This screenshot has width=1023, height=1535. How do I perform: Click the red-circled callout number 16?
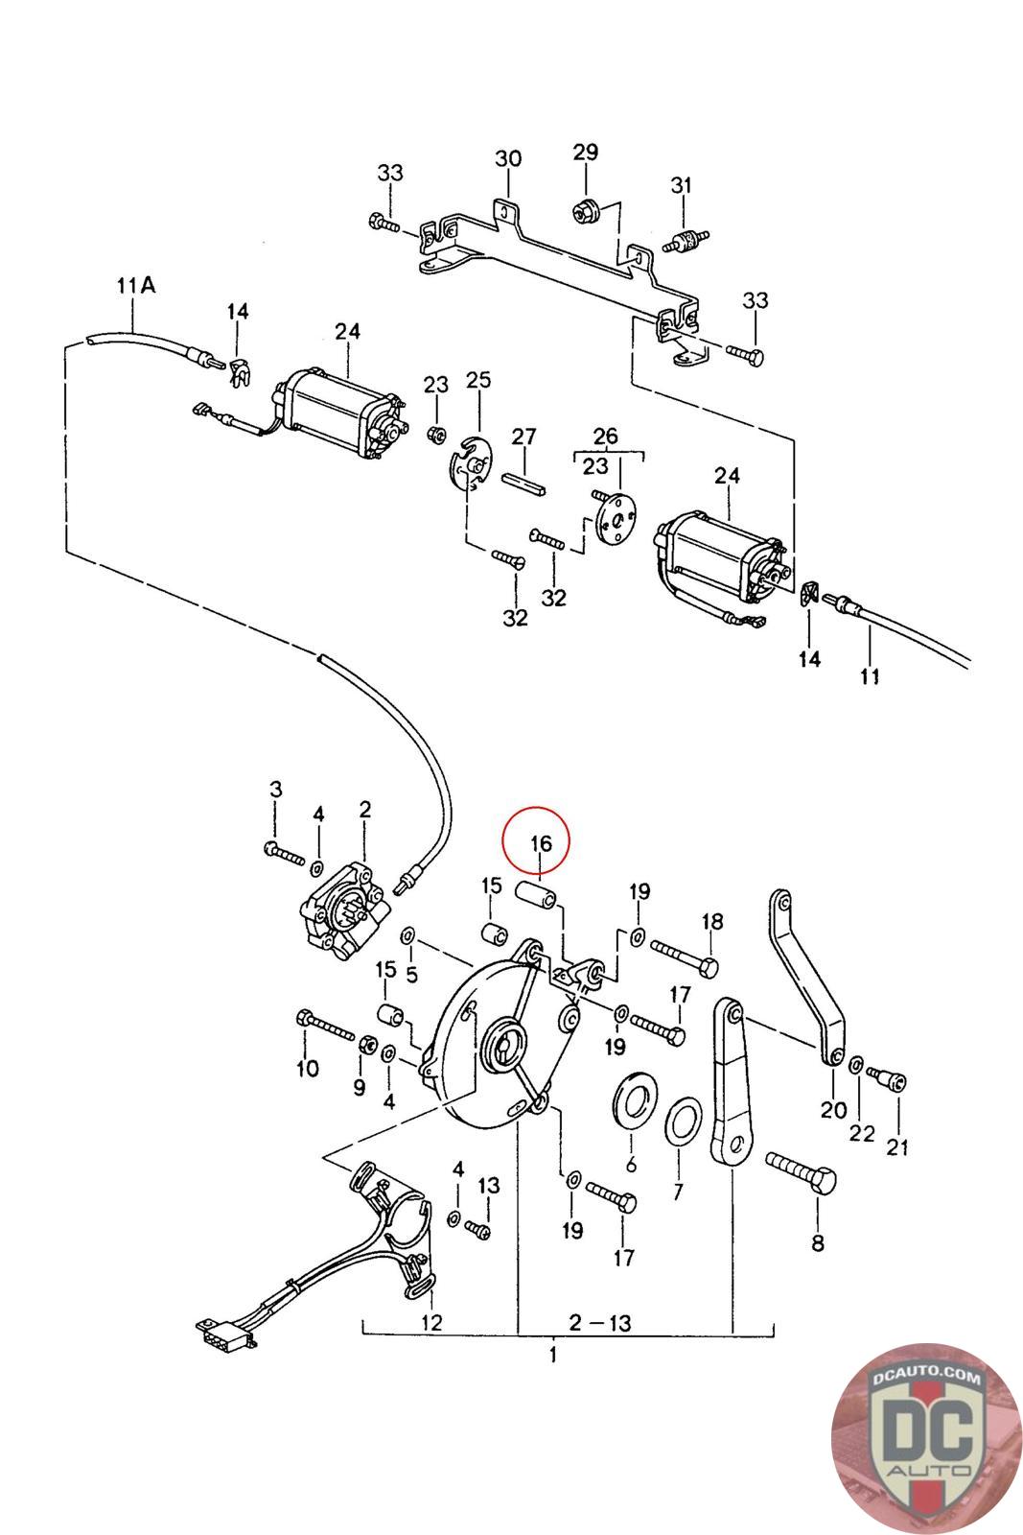pyautogui.click(x=540, y=843)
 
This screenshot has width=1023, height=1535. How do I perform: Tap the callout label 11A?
pyautogui.click(x=134, y=285)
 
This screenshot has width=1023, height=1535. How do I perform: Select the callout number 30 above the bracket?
pyautogui.click(x=508, y=158)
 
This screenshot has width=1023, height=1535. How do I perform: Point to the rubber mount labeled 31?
pyautogui.click(x=682, y=241)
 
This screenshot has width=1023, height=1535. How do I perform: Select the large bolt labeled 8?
pyautogui.click(x=802, y=1172)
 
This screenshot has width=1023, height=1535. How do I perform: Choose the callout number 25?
pyautogui.click(x=477, y=380)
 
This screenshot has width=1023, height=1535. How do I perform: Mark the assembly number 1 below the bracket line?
pyautogui.click(x=553, y=1356)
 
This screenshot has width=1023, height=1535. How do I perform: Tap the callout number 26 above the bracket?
pyautogui.click(x=606, y=437)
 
